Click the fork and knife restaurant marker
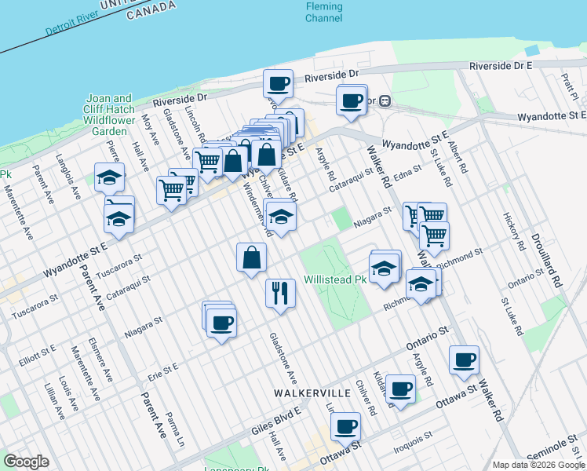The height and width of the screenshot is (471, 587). [280, 294]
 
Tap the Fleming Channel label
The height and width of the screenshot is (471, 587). [324, 12]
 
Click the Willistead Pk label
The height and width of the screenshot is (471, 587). [336, 279]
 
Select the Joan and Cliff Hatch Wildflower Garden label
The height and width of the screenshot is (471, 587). [109, 115]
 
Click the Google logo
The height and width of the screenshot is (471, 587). [26, 462]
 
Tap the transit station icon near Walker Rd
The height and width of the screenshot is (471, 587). [385, 100]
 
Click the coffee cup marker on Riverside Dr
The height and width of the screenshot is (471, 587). [279, 82]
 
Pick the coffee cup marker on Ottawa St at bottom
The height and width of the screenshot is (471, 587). [345, 428]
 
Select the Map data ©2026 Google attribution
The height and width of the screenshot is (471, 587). [538, 465]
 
